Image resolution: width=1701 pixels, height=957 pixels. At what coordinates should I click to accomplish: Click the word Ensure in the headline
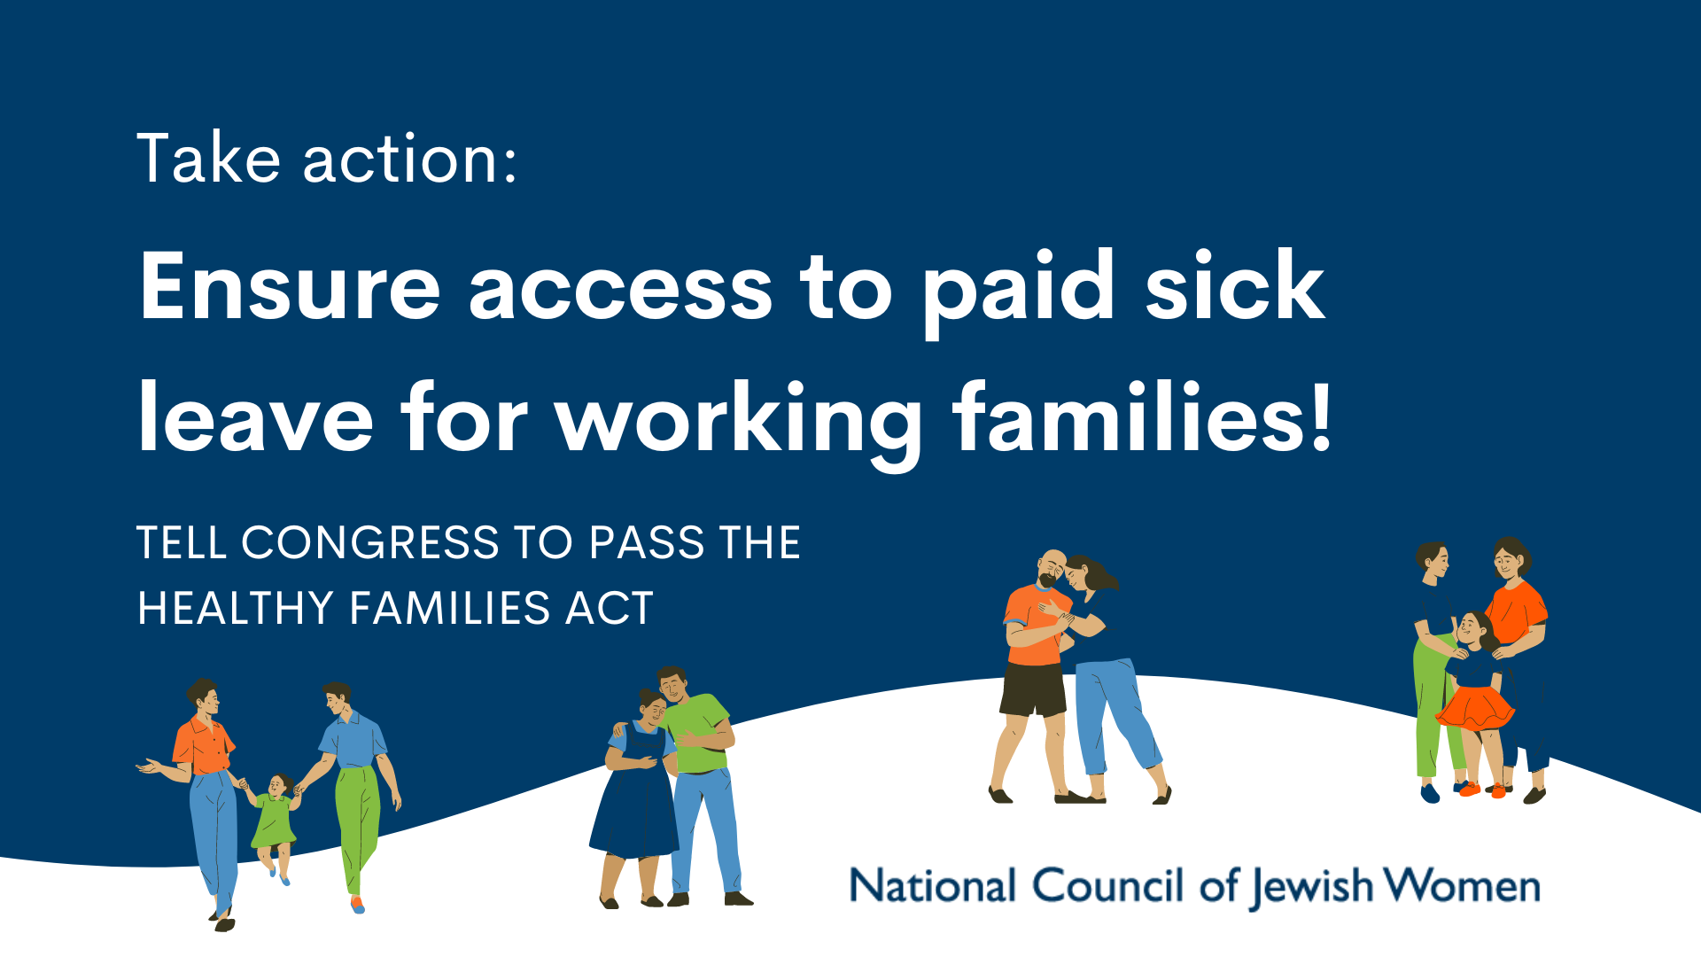[290, 286]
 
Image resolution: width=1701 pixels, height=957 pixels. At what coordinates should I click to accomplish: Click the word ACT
[610, 608]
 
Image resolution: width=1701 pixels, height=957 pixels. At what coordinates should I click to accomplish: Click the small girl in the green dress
[275, 824]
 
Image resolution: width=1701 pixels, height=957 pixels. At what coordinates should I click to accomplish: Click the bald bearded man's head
[1052, 568]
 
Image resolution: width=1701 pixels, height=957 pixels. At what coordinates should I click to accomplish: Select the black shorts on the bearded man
[1033, 689]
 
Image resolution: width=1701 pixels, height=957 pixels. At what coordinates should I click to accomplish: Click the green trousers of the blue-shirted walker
[358, 824]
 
